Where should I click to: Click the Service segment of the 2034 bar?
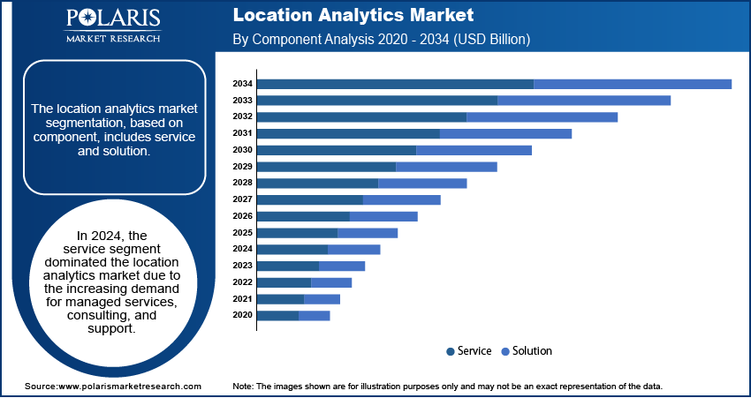tap(395, 84)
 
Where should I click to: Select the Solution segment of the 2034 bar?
tap(633, 84)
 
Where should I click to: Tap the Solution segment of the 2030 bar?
tap(474, 150)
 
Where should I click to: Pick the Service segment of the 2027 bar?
tap(309, 199)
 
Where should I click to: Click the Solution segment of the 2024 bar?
tap(353, 249)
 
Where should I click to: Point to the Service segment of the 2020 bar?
tap(277, 315)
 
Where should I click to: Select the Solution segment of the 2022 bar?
tap(331, 282)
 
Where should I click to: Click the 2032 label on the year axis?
tap(243, 116)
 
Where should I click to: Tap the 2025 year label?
tap(243, 233)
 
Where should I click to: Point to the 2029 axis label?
tap(243, 167)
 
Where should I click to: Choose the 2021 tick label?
tap(243, 299)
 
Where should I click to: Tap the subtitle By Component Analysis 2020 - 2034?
tap(381, 40)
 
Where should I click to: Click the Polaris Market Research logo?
tap(112, 26)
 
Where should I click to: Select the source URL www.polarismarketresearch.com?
tap(129, 387)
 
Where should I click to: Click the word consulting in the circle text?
tap(99, 315)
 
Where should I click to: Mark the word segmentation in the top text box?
tap(75, 124)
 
